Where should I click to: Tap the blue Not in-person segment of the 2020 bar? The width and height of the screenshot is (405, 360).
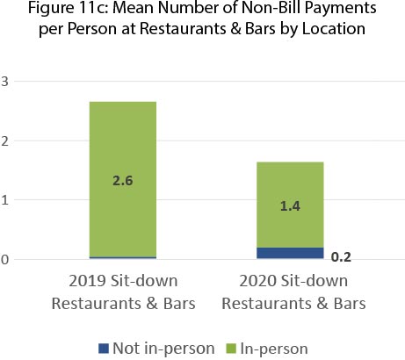coord(285,253)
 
